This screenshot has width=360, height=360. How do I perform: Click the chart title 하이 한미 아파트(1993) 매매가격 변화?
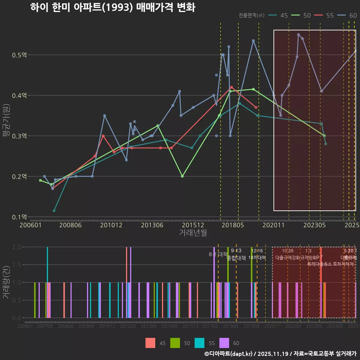pos(112,7)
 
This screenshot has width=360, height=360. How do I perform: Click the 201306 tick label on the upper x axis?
pos(152,225)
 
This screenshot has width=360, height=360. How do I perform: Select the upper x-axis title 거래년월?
pos(193,232)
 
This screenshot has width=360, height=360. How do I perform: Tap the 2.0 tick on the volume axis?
pos(17,247)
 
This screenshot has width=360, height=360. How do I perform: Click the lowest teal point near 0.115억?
pos(54,211)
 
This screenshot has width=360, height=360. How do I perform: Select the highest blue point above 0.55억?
pos(298,34)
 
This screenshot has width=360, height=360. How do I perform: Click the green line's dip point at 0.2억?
pos(182,176)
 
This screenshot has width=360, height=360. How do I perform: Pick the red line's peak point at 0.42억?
pos(231,87)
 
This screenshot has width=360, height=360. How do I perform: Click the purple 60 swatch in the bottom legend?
pos(224,343)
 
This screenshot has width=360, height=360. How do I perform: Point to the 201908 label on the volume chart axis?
pos(252,326)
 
